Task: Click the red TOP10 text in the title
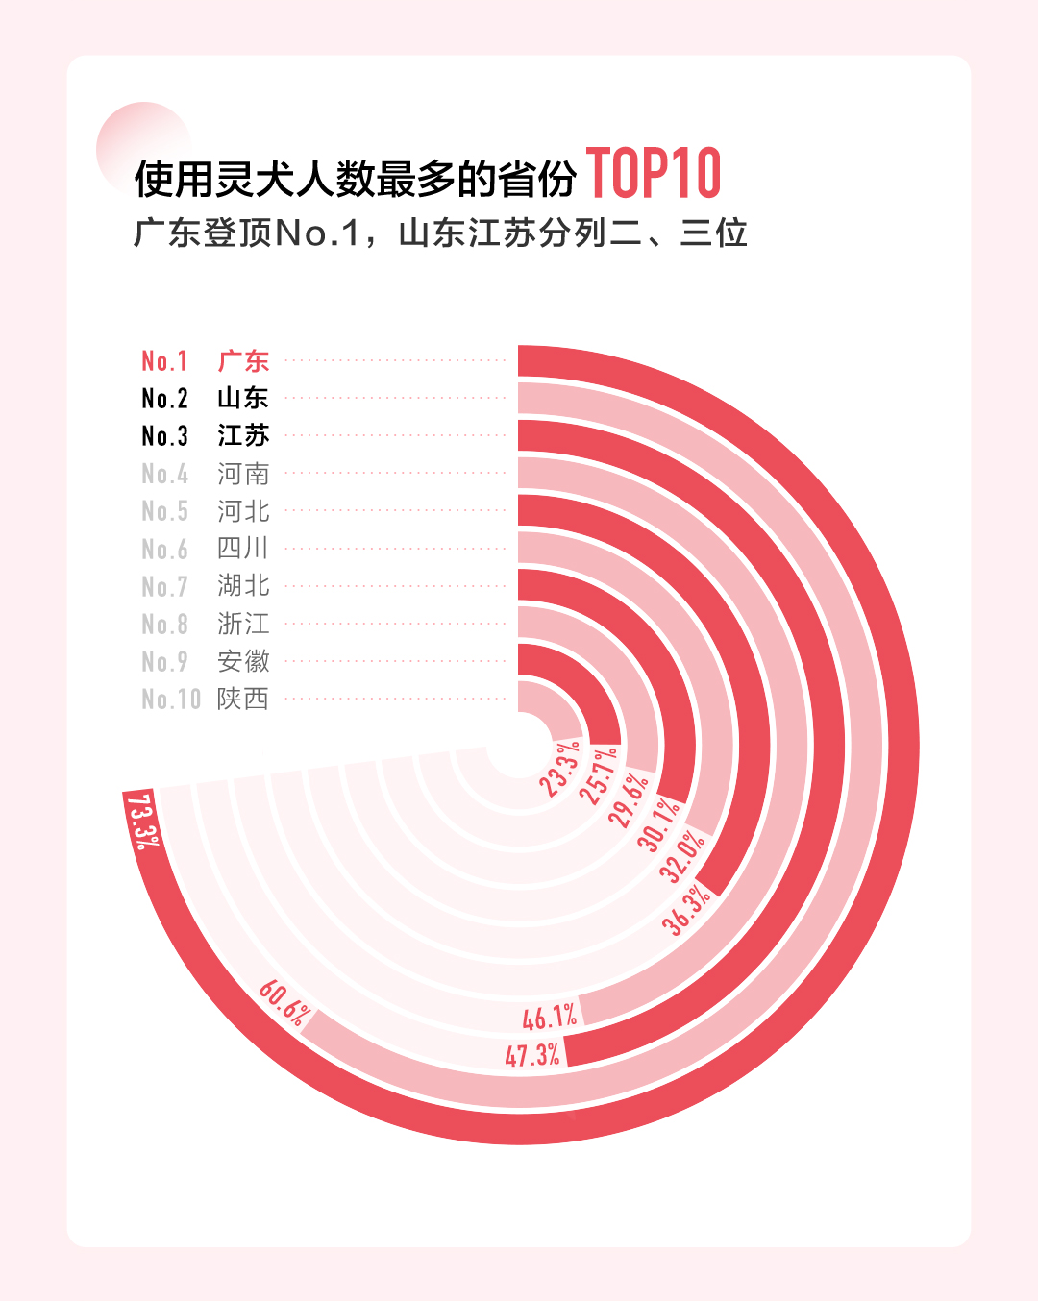pyautogui.click(x=654, y=174)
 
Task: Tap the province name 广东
pyautogui.click(x=243, y=361)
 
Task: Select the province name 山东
pyautogui.click(x=243, y=398)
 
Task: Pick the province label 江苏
pyautogui.click(x=243, y=435)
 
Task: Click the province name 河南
pyautogui.click(x=243, y=474)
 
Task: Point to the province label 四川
pyautogui.click(x=243, y=549)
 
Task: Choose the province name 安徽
pyautogui.click(x=243, y=661)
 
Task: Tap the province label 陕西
pyautogui.click(x=243, y=699)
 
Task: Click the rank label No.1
pyautogui.click(x=164, y=361)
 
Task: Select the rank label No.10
pyautogui.click(x=171, y=699)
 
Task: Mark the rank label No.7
pyautogui.click(x=164, y=586)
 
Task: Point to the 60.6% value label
pyautogui.click(x=284, y=1002)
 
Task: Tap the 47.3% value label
pyautogui.click(x=532, y=1055)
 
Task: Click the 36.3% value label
pyautogui.click(x=686, y=910)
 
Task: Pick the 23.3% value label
pyautogui.click(x=559, y=768)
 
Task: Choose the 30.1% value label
pyautogui.click(x=659, y=824)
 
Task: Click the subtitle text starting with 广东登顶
pyautogui.click(x=440, y=233)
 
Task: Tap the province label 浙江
pyautogui.click(x=243, y=624)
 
